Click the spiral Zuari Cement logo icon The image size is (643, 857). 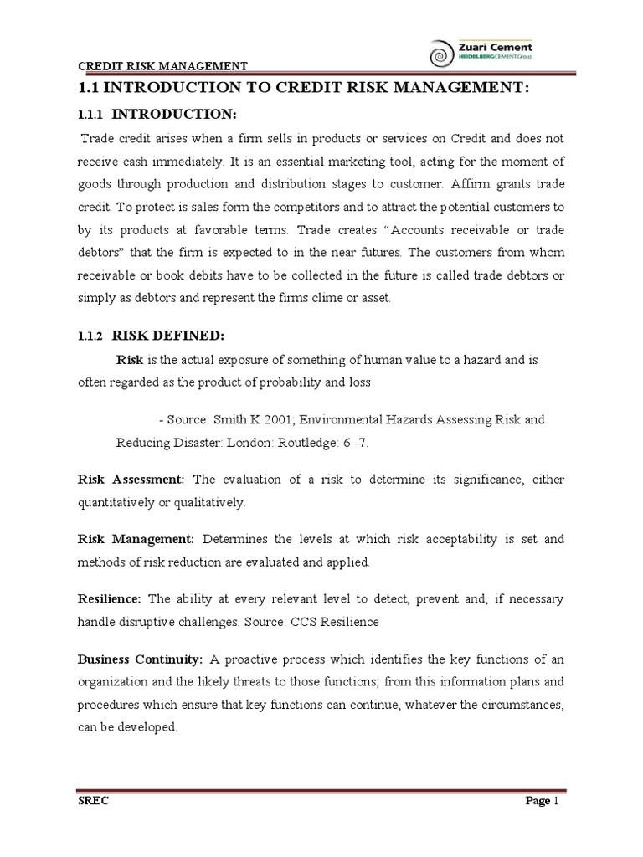[x=437, y=56]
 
